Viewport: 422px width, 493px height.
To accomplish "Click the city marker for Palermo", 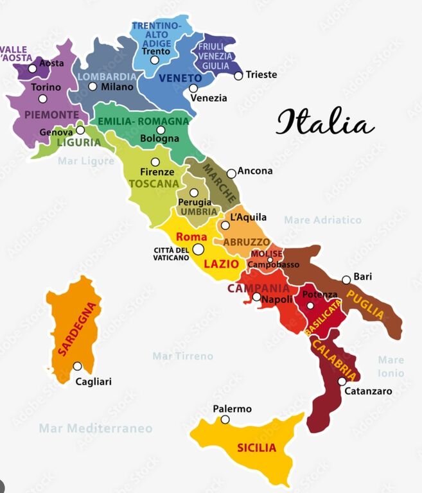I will pos(225,420).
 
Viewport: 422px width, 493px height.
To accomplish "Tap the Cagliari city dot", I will pos(77,367).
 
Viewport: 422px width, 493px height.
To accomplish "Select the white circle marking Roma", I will pos(198,249).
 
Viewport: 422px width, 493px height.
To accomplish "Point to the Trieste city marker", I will pos(238,76).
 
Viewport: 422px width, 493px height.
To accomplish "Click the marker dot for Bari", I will pos(346,280).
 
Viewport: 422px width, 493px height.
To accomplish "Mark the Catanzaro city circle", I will pos(342,381).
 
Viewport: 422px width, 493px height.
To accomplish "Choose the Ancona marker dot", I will pos(231,173).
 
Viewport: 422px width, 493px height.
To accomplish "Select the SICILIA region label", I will pos(256,447).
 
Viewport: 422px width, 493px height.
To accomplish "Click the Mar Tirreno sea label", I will pos(182,356).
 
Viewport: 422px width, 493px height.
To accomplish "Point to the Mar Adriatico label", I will pos(322,220).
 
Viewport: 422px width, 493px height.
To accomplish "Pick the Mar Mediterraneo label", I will pos(96,428).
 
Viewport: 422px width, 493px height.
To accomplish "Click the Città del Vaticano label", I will pos(171,254).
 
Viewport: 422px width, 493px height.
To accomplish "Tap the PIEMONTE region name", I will pos(51,115).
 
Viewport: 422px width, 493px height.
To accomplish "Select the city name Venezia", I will pos(209,98).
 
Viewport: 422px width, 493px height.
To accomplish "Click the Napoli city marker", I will pos(256,297).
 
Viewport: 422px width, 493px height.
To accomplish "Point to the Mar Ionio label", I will pos(391,367).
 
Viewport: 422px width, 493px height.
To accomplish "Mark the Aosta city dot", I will pos(32,69).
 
